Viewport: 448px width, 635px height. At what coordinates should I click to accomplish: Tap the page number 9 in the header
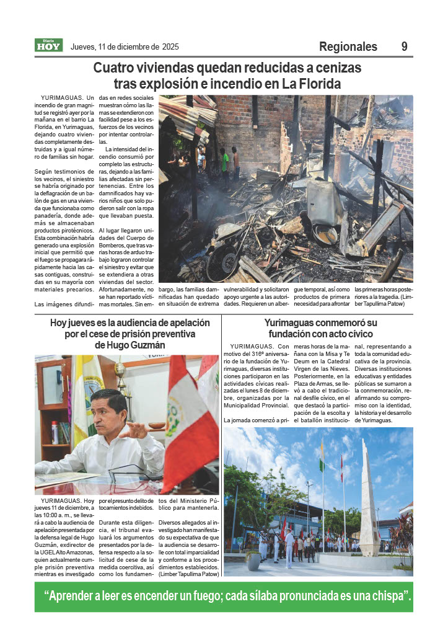[404, 47]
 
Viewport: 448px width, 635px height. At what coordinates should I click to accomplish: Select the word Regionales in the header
[348, 47]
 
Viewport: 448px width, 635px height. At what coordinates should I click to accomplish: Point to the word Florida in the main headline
[317, 83]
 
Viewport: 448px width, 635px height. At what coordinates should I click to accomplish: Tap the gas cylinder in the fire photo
[323, 202]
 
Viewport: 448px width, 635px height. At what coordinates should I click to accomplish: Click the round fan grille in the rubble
[223, 260]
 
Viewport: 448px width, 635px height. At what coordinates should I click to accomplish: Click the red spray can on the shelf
[55, 432]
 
